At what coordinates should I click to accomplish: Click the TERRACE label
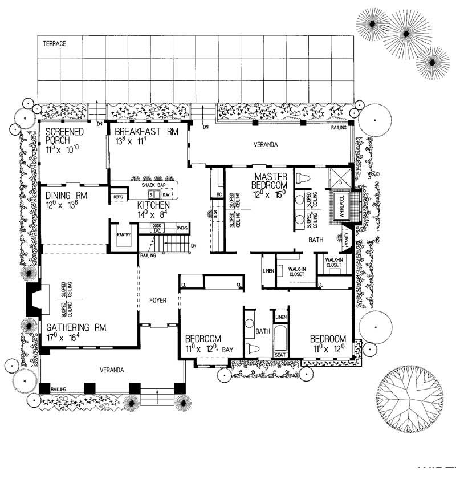point(55,43)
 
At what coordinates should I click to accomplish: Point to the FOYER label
point(157,300)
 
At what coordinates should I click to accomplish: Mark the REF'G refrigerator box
point(119,197)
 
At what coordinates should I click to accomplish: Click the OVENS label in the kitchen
point(182,228)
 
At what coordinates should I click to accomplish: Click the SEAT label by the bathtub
point(280,354)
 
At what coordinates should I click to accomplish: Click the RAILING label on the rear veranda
point(340,129)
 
